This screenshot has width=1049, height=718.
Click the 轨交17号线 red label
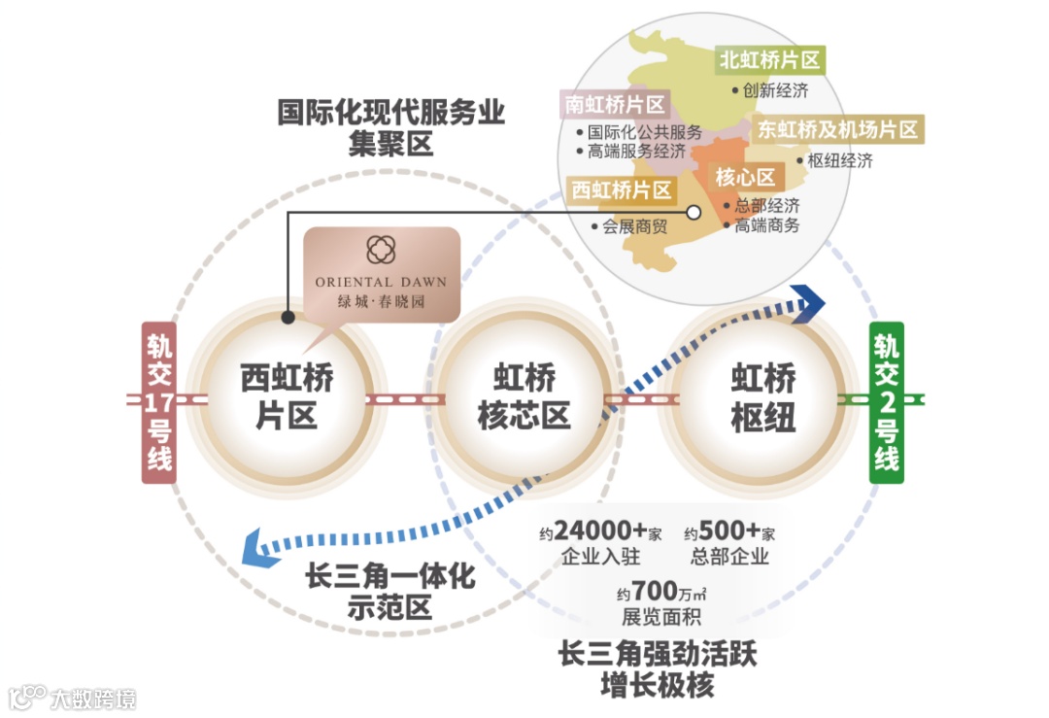tap(159, 402)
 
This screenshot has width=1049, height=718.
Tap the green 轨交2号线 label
tap(885, 402)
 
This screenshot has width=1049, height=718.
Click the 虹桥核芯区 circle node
tap(524, 398)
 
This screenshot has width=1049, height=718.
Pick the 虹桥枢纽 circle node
tap(762, 398)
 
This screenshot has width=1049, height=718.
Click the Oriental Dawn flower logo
tap(381, 249)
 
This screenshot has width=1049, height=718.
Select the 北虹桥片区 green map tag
tap(768, 61)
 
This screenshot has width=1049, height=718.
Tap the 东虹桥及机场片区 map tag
tap(837, 129)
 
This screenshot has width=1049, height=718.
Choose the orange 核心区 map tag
tap(746, 177)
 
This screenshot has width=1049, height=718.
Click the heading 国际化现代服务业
tap(391, 113)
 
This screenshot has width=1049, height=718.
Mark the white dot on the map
tap(694, 212)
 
